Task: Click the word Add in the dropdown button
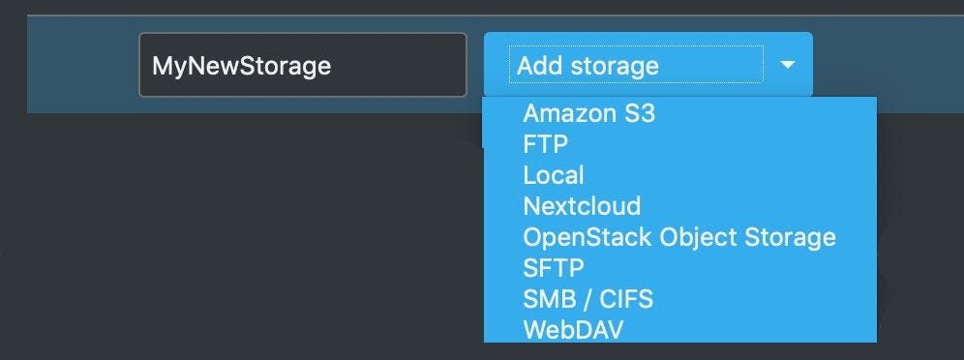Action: coord(540,66)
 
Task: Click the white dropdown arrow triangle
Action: coord(787,65)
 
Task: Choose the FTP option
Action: coord(546,144)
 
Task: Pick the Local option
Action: coord(554,175)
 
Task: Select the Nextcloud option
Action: coord(582,206)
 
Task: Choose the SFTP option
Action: coord(554,267)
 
